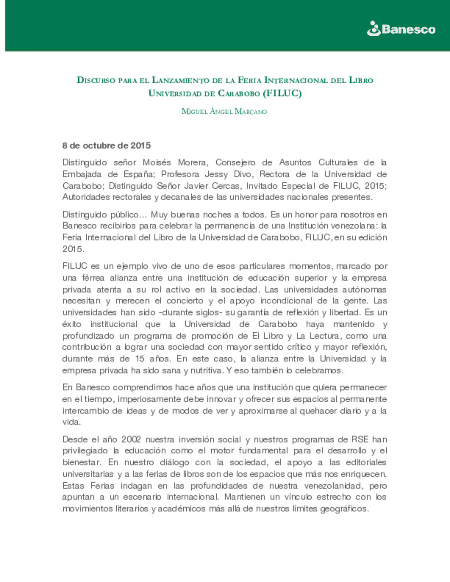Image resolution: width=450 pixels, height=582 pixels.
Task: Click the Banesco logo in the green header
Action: point(401,29)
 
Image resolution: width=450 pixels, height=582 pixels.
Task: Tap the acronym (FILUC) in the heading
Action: point(282,93)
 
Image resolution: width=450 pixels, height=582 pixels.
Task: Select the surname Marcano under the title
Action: point(250,111)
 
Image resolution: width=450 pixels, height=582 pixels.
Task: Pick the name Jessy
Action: point(216,174)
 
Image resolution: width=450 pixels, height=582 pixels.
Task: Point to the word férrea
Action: point(93,278)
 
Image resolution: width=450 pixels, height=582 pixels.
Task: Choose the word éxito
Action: point(72,324)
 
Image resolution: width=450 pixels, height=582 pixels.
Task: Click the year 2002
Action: point(131,439)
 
